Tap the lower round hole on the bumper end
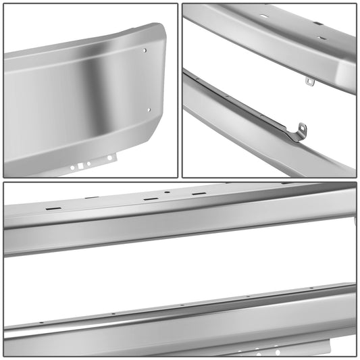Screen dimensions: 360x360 (149, 110)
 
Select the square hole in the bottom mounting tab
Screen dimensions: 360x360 (82, 165)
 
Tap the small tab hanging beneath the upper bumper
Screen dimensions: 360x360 (310, 82)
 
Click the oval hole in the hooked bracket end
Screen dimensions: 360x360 (303, 128)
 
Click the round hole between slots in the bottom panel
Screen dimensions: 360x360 (167, 192)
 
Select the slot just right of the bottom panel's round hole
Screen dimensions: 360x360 (198, 194)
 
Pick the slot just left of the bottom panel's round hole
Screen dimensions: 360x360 (151, 199)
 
